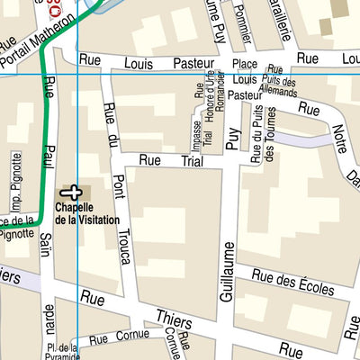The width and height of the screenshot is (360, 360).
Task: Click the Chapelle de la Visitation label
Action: (x=85, y=214)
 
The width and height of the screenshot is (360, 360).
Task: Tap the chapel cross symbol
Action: (x=70, y=191)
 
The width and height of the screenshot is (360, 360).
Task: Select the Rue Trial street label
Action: (x=170, y=160)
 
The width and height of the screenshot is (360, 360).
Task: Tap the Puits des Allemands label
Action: (x=276, y=85)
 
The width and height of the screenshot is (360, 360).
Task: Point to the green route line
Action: (x=41, y=135)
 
